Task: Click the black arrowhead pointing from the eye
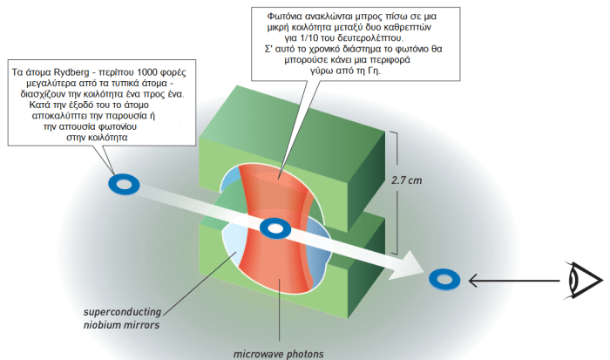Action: [x=472, y=279]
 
